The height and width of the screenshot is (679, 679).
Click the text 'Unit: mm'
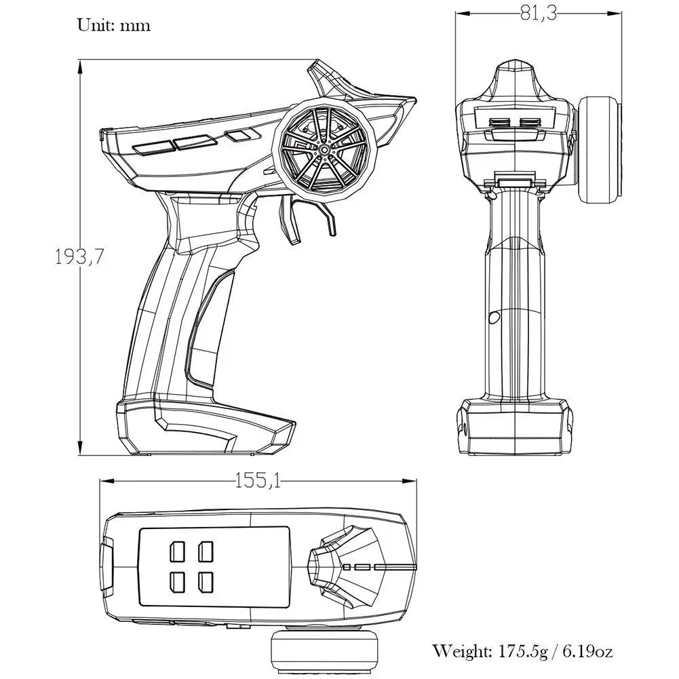113,26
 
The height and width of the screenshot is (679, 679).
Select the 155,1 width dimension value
258,481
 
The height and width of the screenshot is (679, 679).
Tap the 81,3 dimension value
539,13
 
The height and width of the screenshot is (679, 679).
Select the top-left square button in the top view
178,551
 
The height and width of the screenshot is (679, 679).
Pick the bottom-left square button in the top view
178,581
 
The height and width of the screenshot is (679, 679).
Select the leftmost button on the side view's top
153,147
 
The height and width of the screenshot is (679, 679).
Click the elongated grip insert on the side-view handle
204,332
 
